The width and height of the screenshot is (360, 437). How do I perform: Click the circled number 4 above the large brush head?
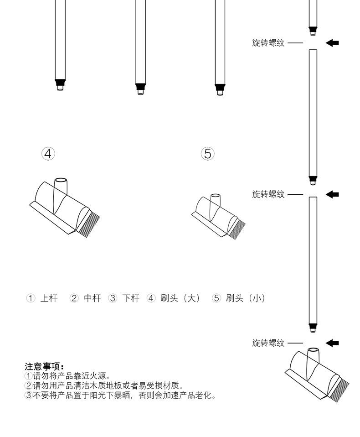click(48, 153)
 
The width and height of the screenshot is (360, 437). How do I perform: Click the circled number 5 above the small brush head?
click(208, 153)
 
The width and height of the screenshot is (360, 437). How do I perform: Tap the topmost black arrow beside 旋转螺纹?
click(332, 43)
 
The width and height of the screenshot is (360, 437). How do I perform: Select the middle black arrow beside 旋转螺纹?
click(332, 194)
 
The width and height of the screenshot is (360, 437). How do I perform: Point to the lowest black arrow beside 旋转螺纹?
click(332, 343)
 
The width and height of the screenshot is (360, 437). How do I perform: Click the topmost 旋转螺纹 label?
click(268, 43)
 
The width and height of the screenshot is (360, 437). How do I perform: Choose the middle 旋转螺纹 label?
click(268, 194)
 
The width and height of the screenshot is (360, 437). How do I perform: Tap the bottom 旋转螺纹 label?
click(268, 343)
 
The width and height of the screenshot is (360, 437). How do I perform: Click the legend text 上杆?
click(49, 298)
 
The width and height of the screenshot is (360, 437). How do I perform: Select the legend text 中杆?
click(92, 298)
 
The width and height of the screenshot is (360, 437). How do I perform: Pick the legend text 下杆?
click(131, 298)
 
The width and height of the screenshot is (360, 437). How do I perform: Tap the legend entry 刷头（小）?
click(245, 298)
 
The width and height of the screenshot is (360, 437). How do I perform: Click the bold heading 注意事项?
click(44, 367)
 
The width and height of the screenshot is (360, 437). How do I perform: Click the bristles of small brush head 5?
click(238, 228)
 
